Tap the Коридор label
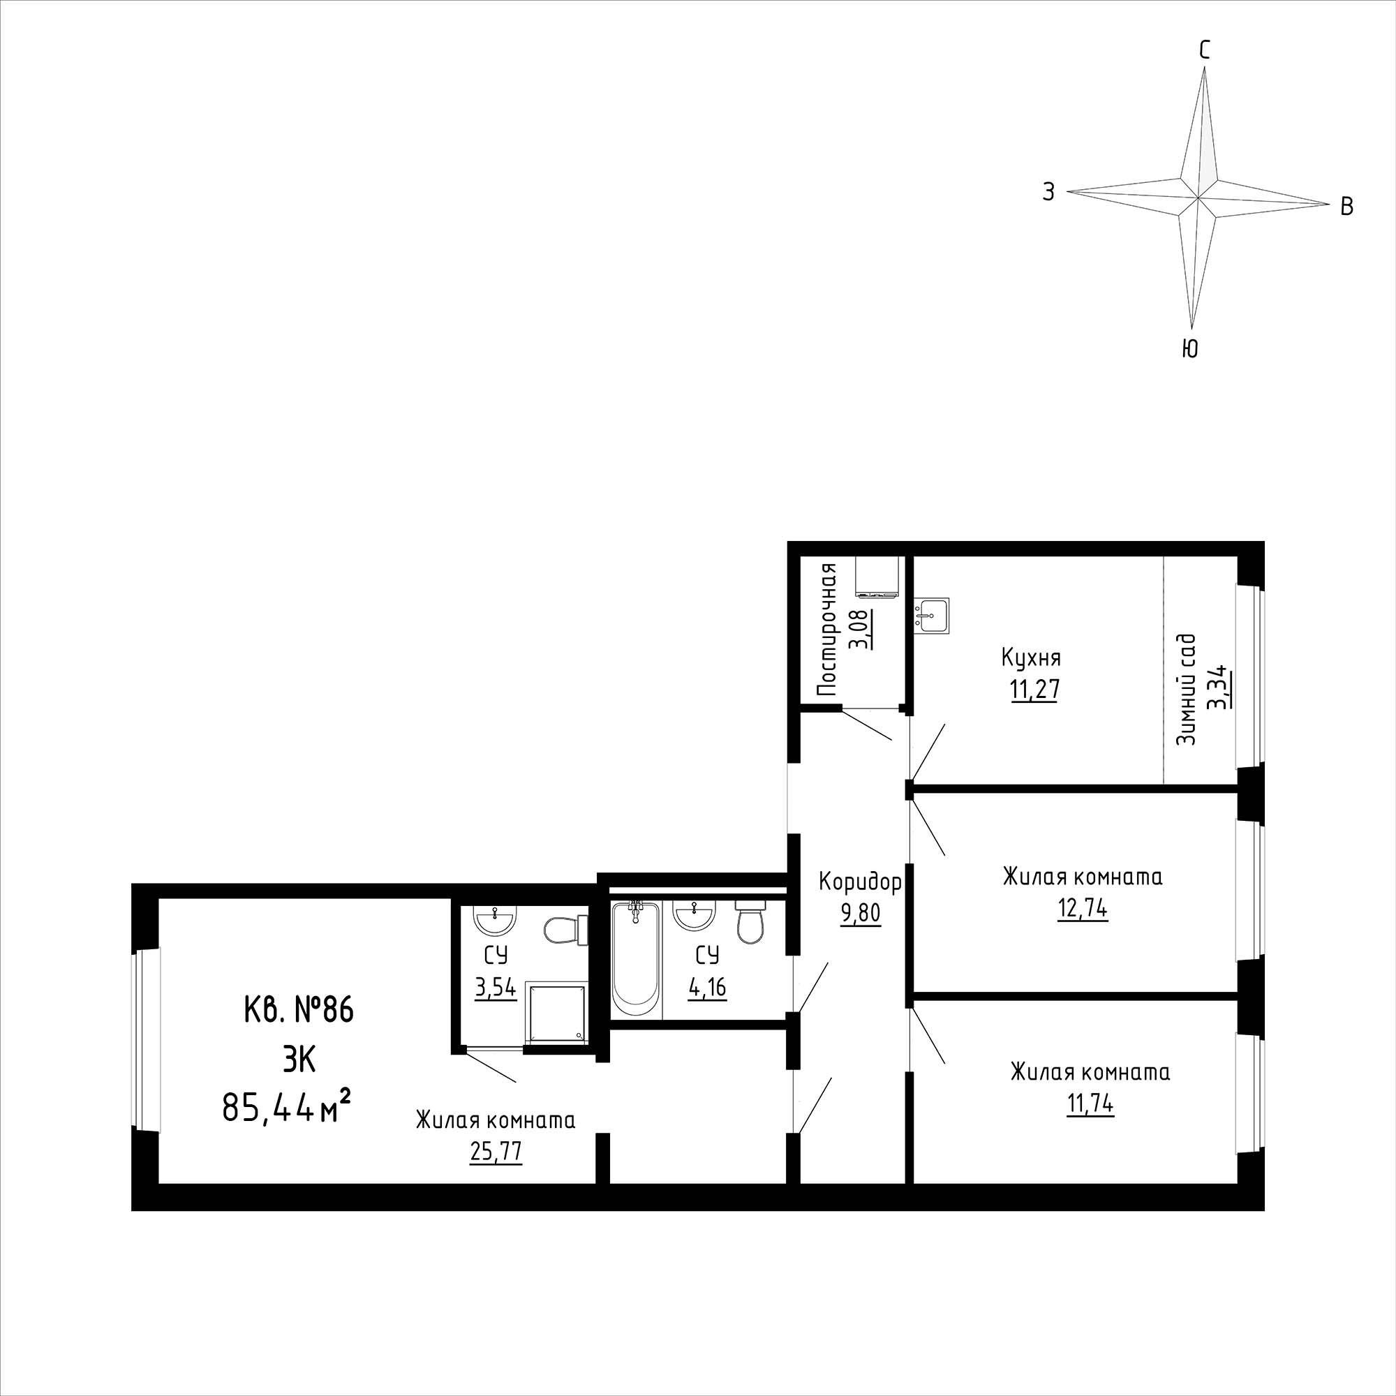[x=860, y=882]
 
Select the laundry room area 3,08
[x=861, y=630]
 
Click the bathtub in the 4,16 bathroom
[x=636, y=958]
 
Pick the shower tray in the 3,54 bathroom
[x=555, y=1012]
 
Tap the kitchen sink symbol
[x=930, y=615]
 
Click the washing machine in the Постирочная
[x=877, y=577]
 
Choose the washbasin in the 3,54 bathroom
[x=494, y=921]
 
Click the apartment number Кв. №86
[x=299, y=1010]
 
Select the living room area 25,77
[x=496, y=1171]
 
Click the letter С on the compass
[x=1205, y=50]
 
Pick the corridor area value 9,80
[x=860, y=914]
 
